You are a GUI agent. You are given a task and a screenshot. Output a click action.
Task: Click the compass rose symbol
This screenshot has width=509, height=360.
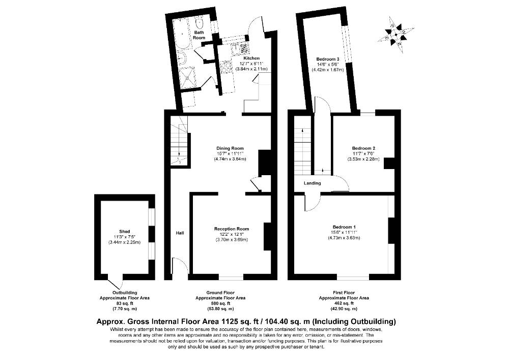pyautogui.click(x=395, y=34)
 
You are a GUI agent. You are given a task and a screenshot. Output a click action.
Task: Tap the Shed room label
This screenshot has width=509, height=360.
pyautogui.click(x=125, y=232)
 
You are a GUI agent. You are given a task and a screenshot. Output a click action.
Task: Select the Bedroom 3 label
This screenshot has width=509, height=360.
pyautogui.click(x=328, y=59)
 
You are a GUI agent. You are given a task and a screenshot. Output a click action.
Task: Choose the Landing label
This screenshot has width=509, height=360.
pyautogui.click(x=313, y=183)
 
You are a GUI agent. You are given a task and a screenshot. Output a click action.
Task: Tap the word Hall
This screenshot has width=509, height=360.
pyautogui.click(x=180, y=233)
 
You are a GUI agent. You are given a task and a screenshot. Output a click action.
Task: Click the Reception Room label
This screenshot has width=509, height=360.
pyautogui.click(x=232, y=229)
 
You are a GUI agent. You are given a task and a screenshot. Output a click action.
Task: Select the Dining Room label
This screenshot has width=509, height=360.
pyautogui.click(x=230, y=148)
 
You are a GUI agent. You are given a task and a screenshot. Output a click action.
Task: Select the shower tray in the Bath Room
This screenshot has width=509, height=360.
pyautogui.click(x=187, y=77)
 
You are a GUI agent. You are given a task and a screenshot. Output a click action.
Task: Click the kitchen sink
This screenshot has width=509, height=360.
pyautogui.click(x=241, y=49)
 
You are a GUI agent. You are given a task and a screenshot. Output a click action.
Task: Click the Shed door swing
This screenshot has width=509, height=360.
pyautogui.click(x=115, y=282)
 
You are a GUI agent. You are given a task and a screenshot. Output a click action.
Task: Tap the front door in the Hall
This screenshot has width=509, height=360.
pyautogui.click(x=180, y=265)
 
